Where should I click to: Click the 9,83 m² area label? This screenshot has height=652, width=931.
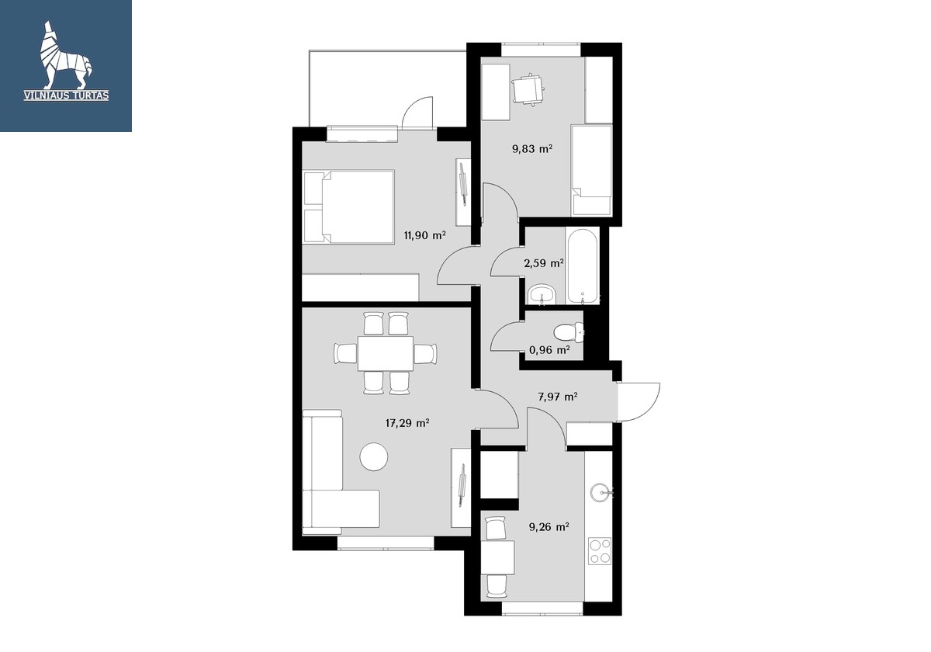click(532, 149)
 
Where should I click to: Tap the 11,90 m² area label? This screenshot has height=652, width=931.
click(425, 236)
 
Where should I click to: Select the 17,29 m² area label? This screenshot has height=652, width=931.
click(407, 423)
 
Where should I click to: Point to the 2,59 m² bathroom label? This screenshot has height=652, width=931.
click(544, 263)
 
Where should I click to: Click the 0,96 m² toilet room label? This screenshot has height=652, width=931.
click(549, 350)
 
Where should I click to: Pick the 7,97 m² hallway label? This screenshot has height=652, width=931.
click(558, 397)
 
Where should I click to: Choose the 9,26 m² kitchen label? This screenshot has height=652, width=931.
click(549, 527)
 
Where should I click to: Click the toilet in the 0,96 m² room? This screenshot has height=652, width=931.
click(568, 332)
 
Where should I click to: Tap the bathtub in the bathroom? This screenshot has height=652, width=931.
click(583, 266)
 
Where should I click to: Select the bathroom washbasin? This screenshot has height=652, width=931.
click(542, 294)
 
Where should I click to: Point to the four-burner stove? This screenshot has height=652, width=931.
click(600, 551)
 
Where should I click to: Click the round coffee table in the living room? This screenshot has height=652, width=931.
click(374, 456)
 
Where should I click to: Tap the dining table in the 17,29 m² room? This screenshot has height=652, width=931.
click(386, 353)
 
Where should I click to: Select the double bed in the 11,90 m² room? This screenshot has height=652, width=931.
click(348, 206)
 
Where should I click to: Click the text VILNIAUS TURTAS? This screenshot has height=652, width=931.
click(66, 95)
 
